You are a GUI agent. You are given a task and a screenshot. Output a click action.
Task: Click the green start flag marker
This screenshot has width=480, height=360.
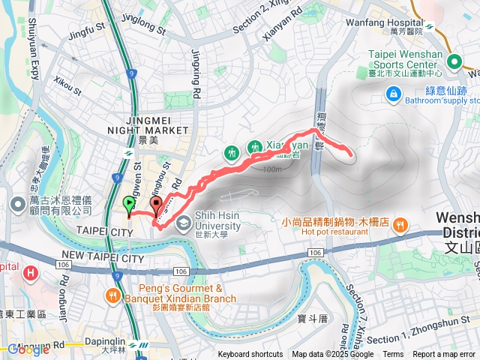click(x=129, y=203)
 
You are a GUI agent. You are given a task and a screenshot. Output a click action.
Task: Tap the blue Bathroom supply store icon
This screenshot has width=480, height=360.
click(x=392, y=94)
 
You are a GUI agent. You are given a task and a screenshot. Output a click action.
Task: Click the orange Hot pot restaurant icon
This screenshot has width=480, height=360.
click(x=401, y=223)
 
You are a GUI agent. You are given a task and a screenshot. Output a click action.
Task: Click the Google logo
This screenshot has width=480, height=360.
click(x=28, y=349)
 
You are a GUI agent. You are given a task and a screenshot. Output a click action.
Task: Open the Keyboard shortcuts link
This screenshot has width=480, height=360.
click(x=250, y=355)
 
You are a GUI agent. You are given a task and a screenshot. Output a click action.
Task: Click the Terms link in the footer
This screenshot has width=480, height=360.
click(x=393, y=355)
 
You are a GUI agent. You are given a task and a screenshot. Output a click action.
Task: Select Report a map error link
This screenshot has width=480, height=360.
click(x=445, y=355)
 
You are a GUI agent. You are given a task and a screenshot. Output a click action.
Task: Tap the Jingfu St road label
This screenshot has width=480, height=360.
click(x=85, y=34)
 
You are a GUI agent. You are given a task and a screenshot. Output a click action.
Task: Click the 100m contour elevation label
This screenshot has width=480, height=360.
click(x=273, y=169)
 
